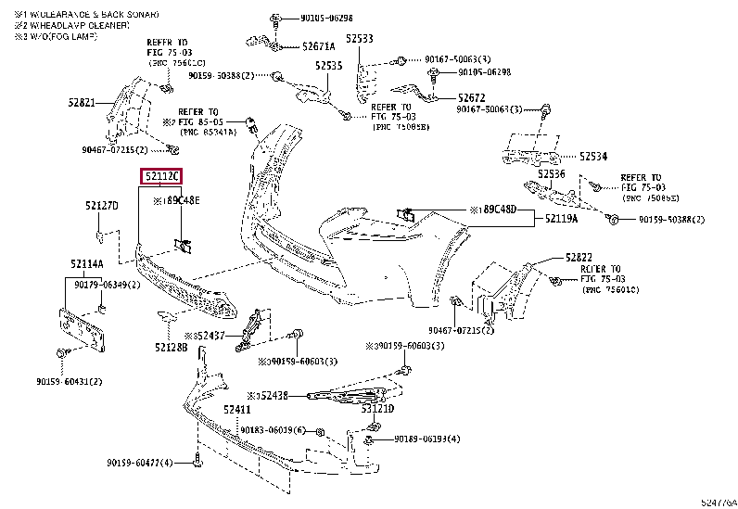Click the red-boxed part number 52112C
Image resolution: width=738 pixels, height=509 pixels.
click(161, 177)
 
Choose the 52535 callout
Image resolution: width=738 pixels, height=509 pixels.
click(327, 66)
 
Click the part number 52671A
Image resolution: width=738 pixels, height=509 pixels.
click(319, 45)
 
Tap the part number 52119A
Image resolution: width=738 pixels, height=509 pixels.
click(561, 219)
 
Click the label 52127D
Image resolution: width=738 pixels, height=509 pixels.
click(102, 206)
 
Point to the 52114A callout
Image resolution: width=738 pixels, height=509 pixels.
click(86, 263)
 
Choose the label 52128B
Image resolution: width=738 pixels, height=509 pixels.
click(171, 347)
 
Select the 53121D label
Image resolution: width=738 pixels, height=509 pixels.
click(377, 409)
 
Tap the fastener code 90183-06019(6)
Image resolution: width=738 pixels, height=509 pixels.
click(273, 430)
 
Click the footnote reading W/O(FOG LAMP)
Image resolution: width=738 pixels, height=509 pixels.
click(57, 36)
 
